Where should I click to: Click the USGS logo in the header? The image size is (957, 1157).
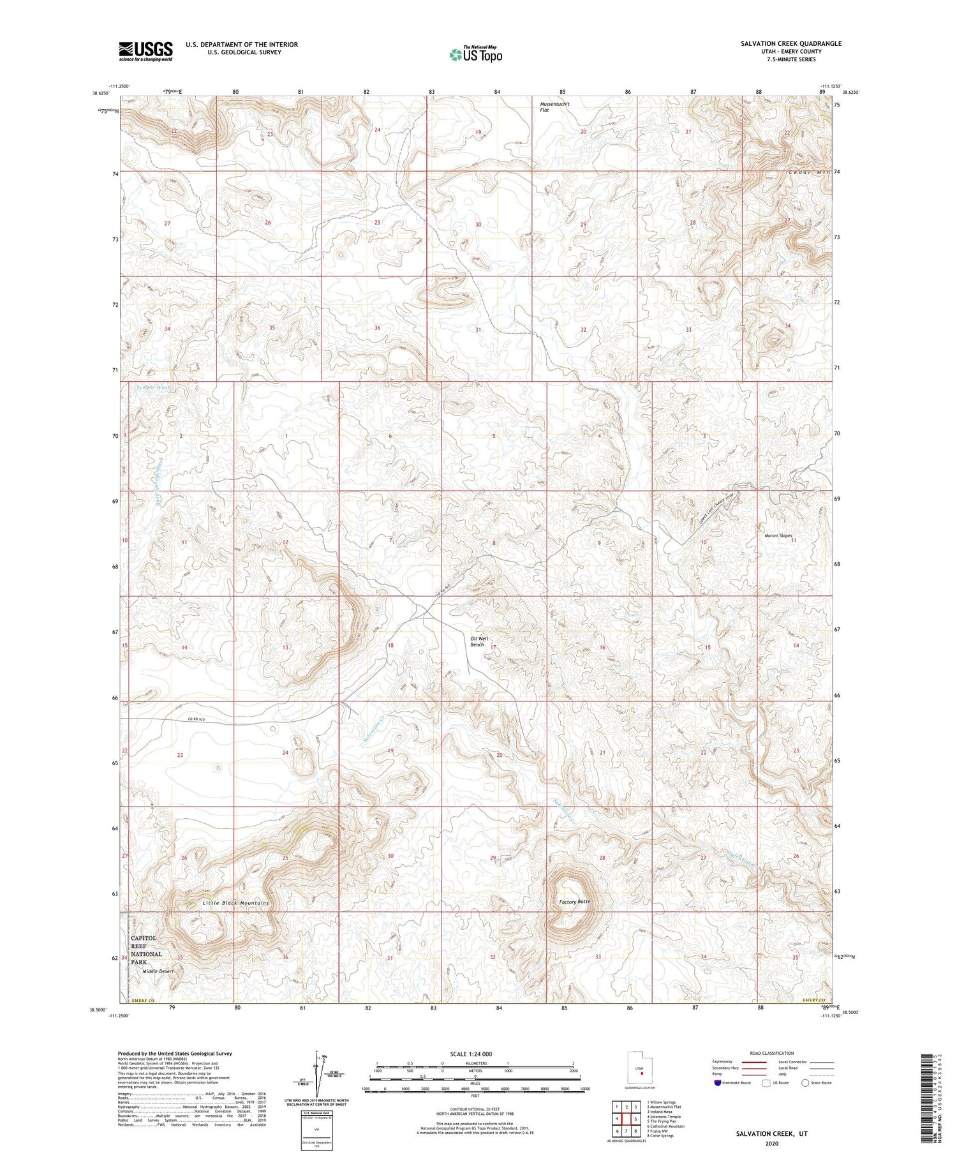point(145,51)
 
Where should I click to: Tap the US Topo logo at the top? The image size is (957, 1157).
point(476,55)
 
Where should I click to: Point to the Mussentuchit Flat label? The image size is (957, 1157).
point(554,107)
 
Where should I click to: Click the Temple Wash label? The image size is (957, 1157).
point(153,387)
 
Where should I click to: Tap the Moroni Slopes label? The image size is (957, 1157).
point(778,535)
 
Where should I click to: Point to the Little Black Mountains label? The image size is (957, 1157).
point(235,903)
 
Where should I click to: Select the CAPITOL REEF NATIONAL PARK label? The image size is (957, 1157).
point(147,950)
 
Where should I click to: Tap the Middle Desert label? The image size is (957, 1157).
point(158,971)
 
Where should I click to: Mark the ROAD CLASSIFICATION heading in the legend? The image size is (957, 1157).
point(771,1053)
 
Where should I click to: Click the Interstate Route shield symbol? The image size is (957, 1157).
point(718,1083)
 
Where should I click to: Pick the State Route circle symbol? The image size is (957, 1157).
point(806,1083)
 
